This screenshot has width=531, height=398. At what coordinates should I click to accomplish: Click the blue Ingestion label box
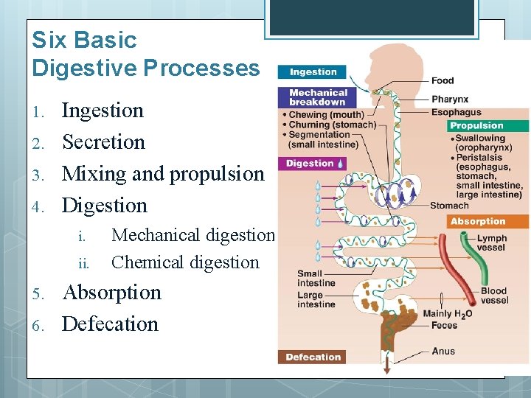313,72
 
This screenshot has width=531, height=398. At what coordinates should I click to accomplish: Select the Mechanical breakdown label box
317,97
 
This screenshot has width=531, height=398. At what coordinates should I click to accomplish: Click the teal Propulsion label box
476,126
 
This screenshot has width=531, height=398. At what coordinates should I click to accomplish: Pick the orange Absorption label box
478,221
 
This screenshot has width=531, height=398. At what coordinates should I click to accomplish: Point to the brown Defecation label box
313,357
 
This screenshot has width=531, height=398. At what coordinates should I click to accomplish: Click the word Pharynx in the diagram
449,99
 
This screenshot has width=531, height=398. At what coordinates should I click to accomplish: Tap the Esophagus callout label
457,113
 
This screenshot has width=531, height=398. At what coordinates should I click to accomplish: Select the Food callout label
442,80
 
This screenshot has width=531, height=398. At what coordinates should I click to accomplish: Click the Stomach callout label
448,206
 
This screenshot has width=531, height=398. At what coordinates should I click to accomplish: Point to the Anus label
443,351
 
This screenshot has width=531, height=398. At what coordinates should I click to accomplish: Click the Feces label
444,325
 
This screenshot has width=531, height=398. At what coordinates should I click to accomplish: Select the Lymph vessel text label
491,243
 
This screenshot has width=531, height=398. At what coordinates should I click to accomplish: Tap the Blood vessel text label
494,296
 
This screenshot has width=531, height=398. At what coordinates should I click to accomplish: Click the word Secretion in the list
103,142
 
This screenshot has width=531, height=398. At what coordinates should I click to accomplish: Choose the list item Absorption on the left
111,292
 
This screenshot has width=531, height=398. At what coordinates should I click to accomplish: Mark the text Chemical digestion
185,262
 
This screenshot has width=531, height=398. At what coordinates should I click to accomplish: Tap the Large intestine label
316,299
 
